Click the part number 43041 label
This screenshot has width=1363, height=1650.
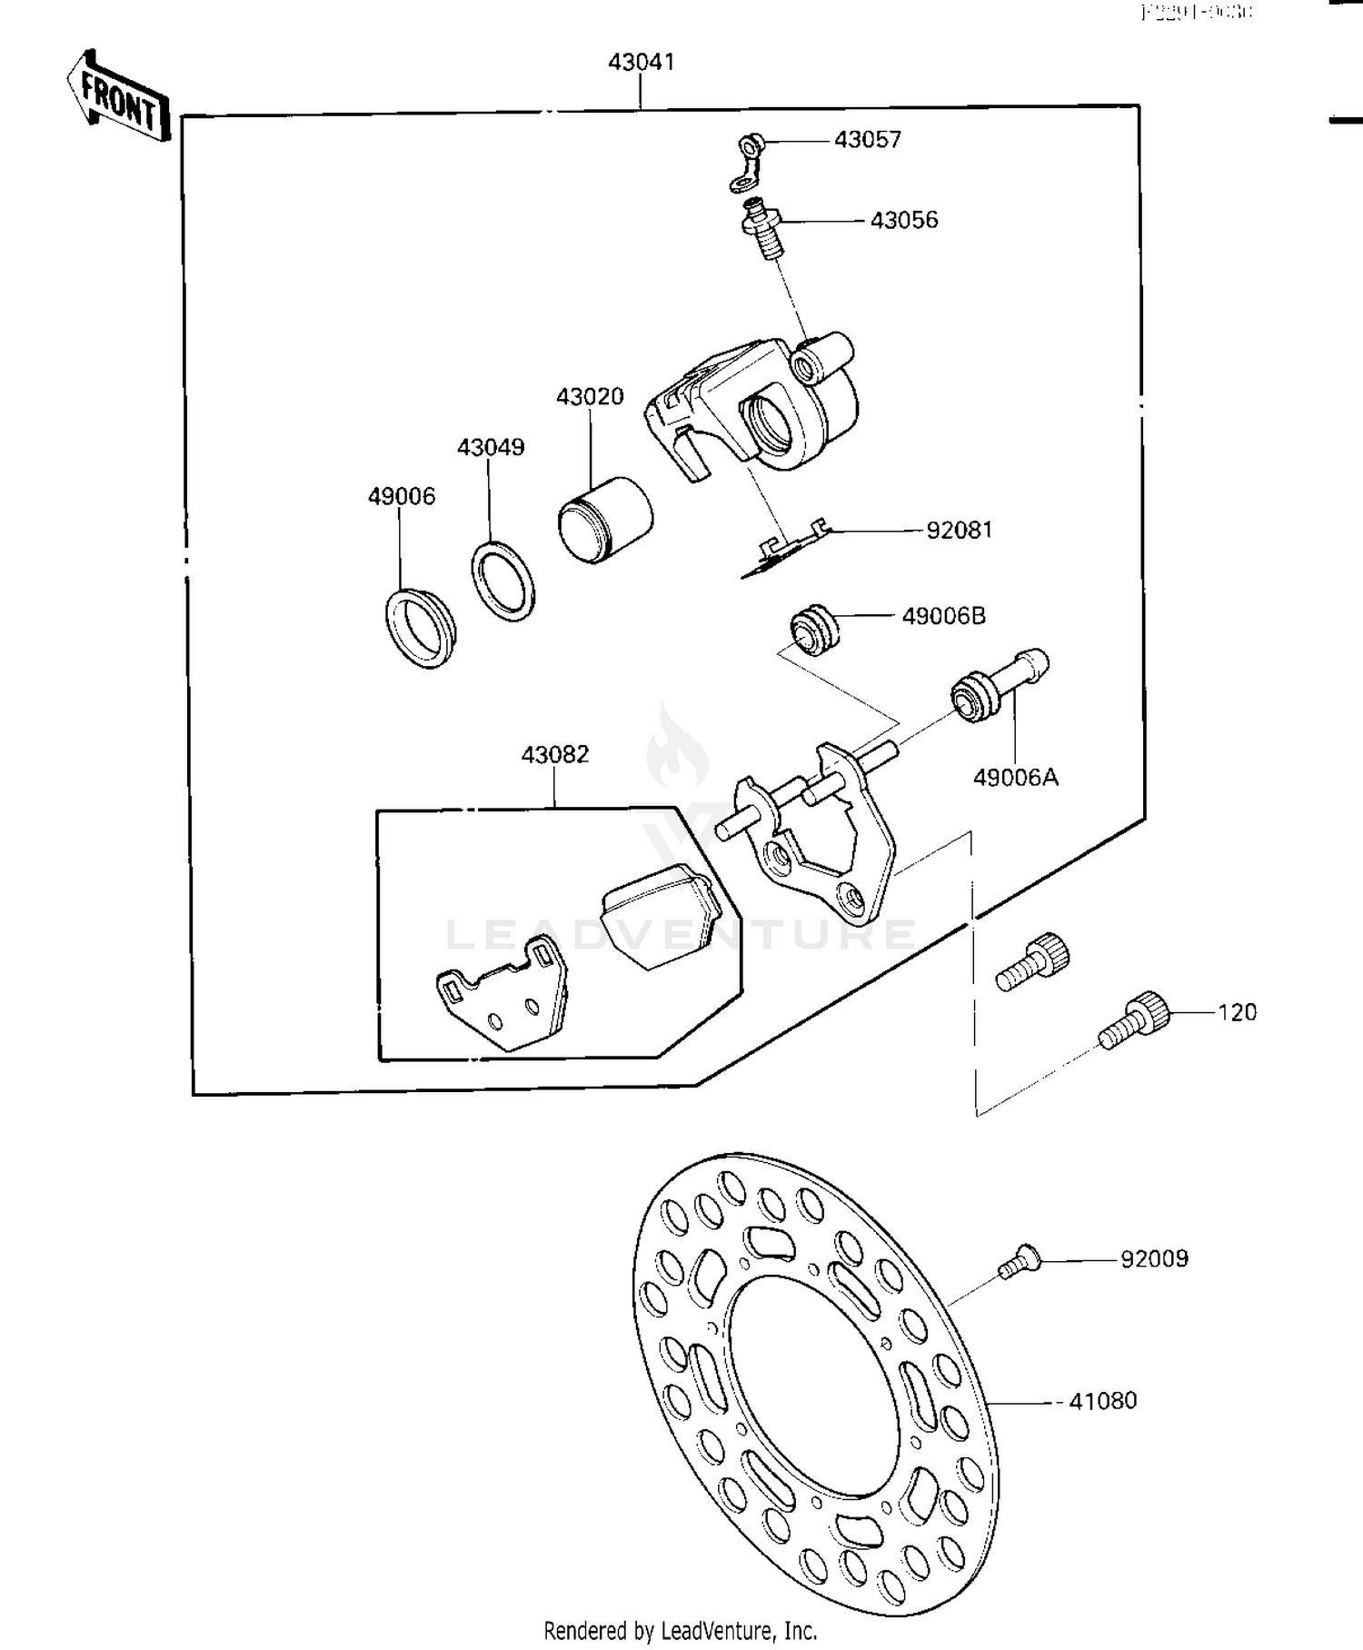click(641, 62)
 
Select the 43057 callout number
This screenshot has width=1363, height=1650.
click(867, 140)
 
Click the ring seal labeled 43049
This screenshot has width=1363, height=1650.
click(502, 581)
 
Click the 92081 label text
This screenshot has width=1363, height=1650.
click(959, 531)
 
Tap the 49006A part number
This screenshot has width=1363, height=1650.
click(1015, 778)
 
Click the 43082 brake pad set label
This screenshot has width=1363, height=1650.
click(554, 754)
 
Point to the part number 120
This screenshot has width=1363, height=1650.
click(1237, 1012)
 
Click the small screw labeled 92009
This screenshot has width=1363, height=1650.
click(1017, 1263)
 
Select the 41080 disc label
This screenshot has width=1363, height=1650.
click(1102, 1401)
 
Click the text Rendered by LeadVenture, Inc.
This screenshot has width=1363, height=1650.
click(680, 1630)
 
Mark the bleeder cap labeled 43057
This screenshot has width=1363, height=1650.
click(747, 164)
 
